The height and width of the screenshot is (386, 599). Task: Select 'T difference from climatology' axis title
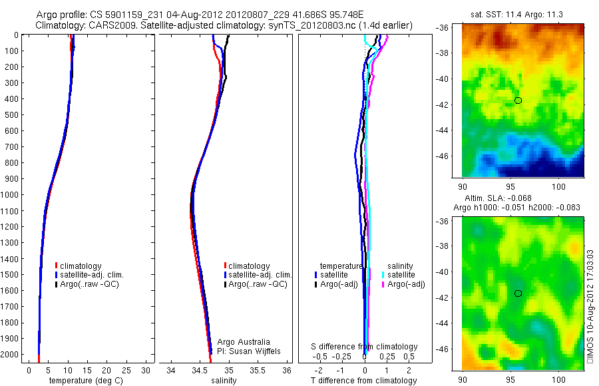pyautogui.click(x=364, y=381)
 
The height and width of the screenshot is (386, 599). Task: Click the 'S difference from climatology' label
pyautogui.click(x=365, y=347)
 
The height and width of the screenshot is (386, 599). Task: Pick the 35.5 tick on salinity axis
pyautogui.click(x=258, y=370)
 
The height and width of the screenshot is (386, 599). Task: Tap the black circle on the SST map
pyautogui.click(x=518, y=100)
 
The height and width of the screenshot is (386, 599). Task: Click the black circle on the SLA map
pyautogui.click(x=518, y=293)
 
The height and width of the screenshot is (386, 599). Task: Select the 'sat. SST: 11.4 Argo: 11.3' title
pyautogui.click(x=521, y=13)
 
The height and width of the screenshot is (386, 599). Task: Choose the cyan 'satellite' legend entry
pyautogui.click(x=402, y=275)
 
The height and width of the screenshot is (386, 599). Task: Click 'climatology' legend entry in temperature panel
pyautogui.click(x=81, y=266)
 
